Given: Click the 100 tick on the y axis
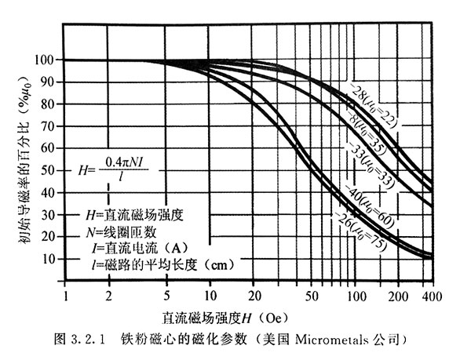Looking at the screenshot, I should pos(46,60).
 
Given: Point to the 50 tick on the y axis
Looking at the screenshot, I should pos(49,170).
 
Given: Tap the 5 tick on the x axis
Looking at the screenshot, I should pos(168,298).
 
